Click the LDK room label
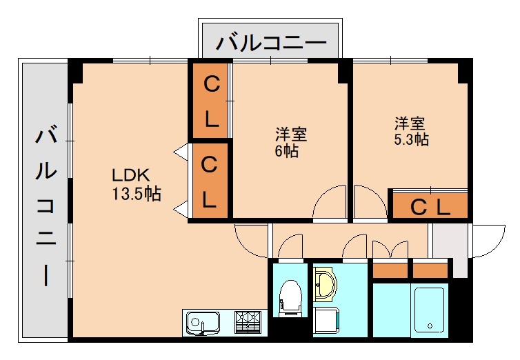[x=131, y=174]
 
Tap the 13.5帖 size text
[x=137, y=194]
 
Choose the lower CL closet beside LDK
[x=210, y=182]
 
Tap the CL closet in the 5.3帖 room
[x=430, y=206]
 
